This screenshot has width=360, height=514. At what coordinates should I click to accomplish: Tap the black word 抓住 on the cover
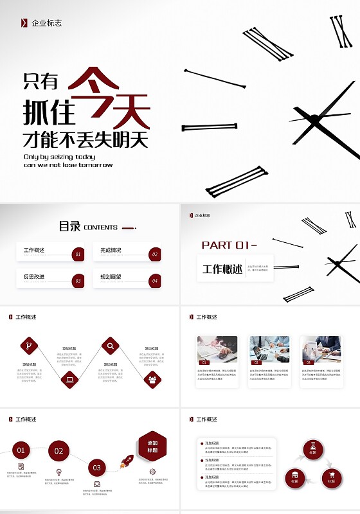coord(49,111)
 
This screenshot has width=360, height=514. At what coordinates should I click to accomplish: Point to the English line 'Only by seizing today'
coord(59,156)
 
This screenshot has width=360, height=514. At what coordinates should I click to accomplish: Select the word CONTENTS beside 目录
coord(100,227)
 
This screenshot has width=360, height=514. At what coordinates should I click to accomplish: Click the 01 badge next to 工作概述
coord(78,254)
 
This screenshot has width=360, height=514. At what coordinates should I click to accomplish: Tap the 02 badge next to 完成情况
coord(154,254)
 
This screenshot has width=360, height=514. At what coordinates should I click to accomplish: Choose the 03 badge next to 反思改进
coord(78,281)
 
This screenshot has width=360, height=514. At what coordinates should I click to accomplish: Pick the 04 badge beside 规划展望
coord(154,281)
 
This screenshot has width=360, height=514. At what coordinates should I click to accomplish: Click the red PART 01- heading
coord(229,245)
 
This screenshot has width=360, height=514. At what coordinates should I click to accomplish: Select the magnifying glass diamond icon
coord(111,346)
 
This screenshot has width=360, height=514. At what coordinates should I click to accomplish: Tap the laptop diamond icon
coord(69,380)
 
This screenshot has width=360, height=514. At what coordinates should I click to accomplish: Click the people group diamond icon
coord(152,380)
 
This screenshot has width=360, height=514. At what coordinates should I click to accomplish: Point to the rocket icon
coord(127,461)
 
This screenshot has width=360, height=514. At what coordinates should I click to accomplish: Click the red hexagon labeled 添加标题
coord(152,447)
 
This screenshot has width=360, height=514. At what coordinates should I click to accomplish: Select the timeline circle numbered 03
coord(96,468)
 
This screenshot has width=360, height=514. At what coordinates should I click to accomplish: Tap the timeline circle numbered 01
coord(21,450)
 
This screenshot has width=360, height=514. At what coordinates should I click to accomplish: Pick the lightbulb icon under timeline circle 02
coord(58,472)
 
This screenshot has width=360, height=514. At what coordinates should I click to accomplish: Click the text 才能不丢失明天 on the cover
coord(85,139)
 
